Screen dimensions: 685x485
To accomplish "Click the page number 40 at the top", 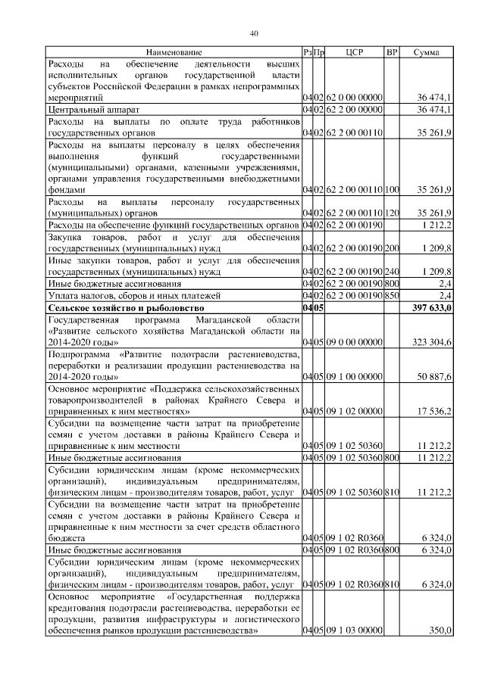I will (x=254, y=33).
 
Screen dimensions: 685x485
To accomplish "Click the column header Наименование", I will (x=174, y=52).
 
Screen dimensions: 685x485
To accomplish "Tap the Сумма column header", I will (x=428, y=52).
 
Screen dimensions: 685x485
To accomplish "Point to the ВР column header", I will (x=392, y=52).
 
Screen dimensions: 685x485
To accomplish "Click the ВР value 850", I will (x=392, y=294).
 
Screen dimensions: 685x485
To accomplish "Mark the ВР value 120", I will (x=392, y=211).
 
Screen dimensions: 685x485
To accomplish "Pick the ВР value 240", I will (x=392, y=269).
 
